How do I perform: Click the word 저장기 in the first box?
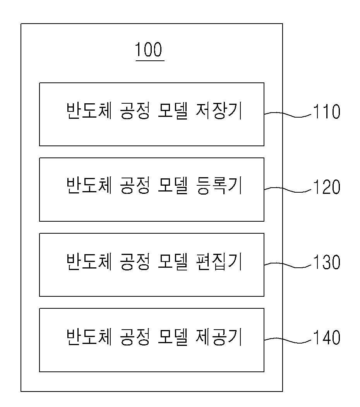219,111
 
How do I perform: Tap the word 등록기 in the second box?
219,186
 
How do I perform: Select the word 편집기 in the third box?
219,262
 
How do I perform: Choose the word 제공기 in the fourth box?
219,337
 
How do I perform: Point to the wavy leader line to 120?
288,190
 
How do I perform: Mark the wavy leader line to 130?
288,265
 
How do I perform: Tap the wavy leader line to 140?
288,340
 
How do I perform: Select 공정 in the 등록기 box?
135,186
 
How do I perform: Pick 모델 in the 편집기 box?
173,262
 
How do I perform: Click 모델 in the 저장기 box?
173,111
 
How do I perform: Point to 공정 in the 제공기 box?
135,337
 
